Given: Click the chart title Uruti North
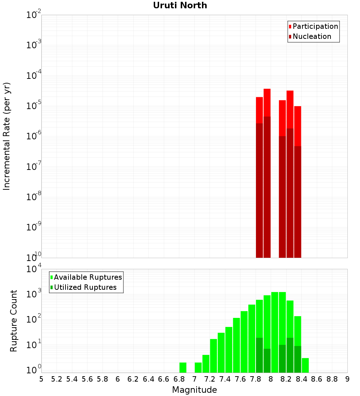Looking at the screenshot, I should [x=180, y=5].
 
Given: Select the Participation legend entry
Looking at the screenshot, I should [x=313, y=26].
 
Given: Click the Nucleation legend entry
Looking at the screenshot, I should [x=310, y=36].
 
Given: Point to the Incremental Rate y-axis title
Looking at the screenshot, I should [x=7, y=136].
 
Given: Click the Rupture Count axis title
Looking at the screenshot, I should [x=14, y=321].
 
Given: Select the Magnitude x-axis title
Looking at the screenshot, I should [x=194, y=390].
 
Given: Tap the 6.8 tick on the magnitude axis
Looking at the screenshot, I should [x=179, y=379].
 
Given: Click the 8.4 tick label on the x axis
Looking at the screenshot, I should [x=302, y=379].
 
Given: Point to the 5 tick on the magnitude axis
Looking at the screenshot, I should [x=41, y=379].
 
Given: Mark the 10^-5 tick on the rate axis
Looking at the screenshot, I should [x=32, y=105].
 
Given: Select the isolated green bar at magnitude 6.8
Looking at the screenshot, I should [x=183, y=367].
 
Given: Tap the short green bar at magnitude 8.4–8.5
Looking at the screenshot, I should [x=305, y=365].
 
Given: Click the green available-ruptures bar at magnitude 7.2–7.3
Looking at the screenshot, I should [x=213, y=356].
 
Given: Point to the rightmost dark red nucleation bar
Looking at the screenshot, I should [x=298, y=202].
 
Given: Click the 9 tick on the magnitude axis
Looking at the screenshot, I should [x=347, y=379].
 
